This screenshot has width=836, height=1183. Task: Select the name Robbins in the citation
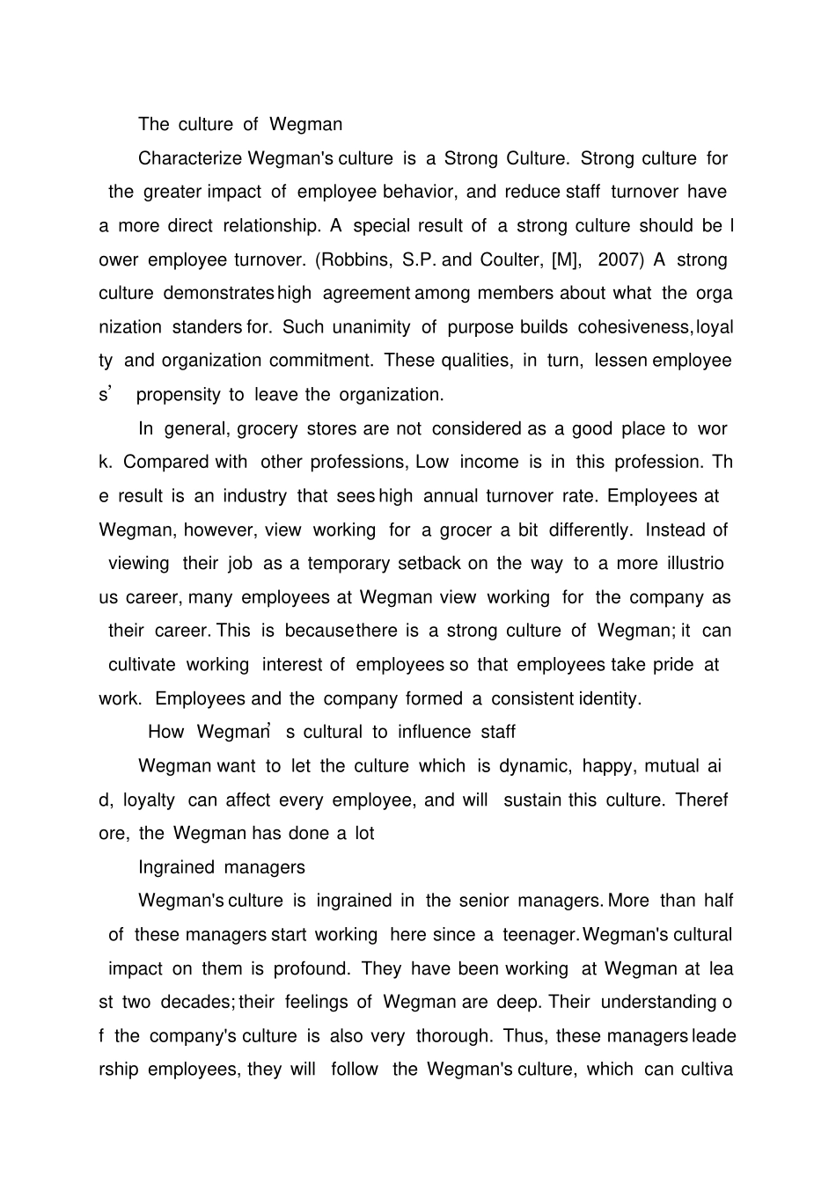point(361,259)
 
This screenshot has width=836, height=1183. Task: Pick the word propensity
point(178,395)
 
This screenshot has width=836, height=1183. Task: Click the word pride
point(673,665)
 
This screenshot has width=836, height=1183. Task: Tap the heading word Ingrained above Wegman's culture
point(176,867)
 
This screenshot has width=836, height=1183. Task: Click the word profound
point(312,968)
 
